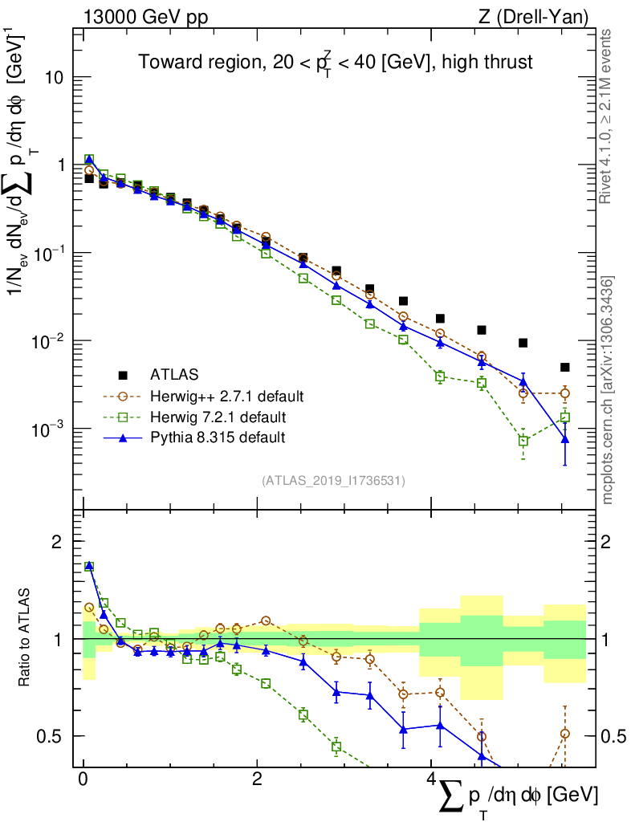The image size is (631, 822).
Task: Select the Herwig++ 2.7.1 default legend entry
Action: click(x=226, y=397)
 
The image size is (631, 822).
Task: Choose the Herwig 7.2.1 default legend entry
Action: click(x=218, y=417)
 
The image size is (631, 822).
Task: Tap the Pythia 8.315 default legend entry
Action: click(x=218, y=438)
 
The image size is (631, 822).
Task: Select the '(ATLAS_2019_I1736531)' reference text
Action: click(x=333, y=481)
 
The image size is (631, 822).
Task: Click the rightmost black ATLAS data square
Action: click(x=565, y=368)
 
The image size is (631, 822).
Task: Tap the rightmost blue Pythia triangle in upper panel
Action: click(x=565, y=439)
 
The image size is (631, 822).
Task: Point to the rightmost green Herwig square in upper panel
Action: click(x=565, y=417)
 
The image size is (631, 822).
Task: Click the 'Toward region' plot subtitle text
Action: click(x=335, y=63)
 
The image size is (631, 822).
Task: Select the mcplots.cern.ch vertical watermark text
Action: click(x=608, y=391)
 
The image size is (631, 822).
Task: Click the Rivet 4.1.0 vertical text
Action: click(x=608, y=116)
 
